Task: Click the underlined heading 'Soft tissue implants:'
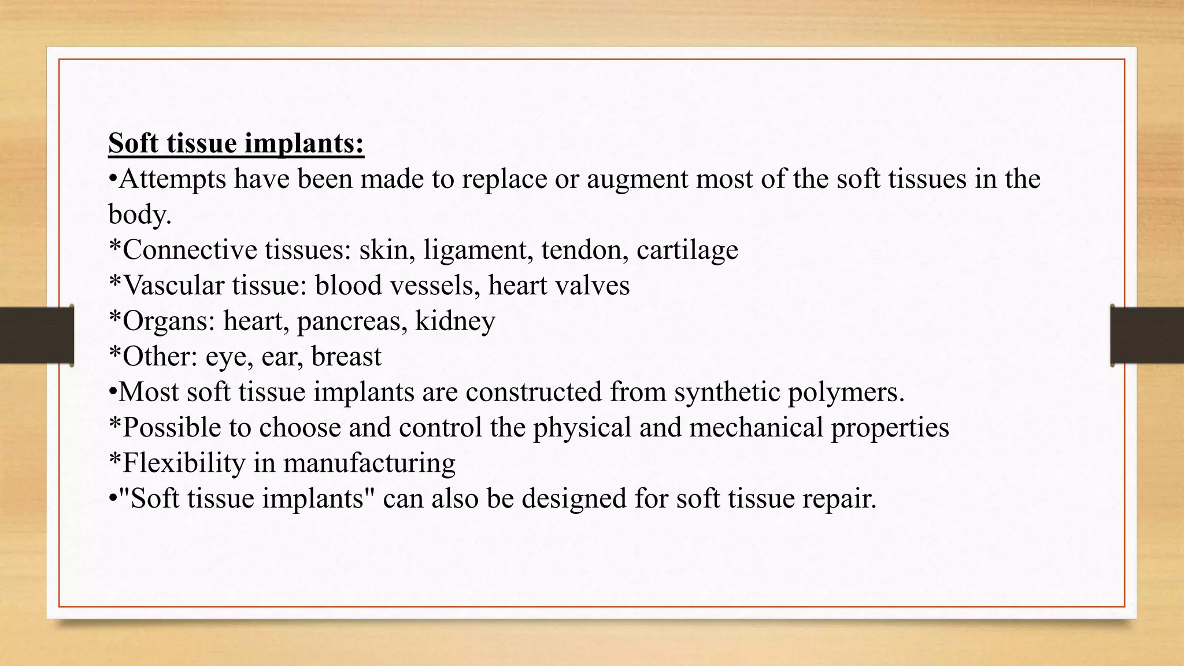[236, 143]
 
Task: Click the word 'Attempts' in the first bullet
[172, 179]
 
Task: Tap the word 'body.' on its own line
[140, 214]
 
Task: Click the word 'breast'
[346, 357]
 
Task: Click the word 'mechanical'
[756, 428]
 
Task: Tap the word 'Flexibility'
[184, 464]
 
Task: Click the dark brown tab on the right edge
[1147, 335]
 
